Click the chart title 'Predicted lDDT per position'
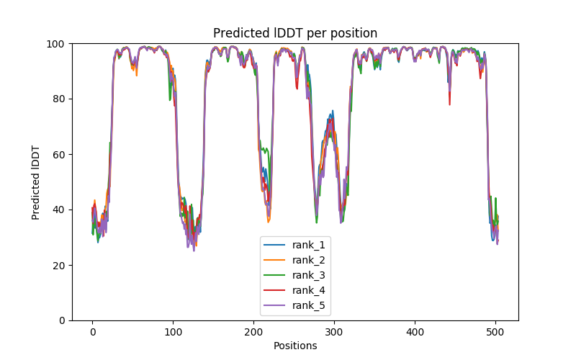[295, 33]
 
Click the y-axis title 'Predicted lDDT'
[36, 182]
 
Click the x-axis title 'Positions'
[295, 346]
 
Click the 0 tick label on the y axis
[63, 320]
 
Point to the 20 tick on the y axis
[60, 265]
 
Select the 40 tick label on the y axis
[60, 210]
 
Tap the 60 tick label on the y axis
[60, 154]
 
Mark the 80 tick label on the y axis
[60, 99]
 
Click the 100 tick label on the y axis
[57, 43]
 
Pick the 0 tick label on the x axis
[92, 332]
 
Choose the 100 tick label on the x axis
[173, 332]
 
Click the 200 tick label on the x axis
[253, 332]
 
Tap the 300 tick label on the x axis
[334, 332]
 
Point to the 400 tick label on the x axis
[415, 332]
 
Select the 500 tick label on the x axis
[495, 332]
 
